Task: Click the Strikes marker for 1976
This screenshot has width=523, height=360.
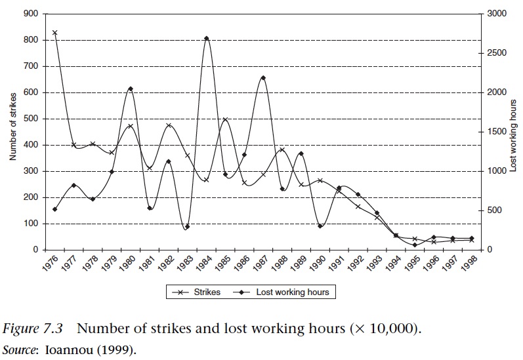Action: click(54, 32)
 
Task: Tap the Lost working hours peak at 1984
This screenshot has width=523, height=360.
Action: click(206, 39)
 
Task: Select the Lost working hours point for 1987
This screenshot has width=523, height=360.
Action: click(263, 78)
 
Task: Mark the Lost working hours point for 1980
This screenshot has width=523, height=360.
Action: click(130, 89)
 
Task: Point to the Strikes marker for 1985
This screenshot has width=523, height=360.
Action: click(225, 120)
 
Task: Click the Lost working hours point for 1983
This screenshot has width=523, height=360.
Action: click(187, 227)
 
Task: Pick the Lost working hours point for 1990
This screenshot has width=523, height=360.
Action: click(320, 226)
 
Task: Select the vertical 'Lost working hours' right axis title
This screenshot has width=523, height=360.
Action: click(513, 131)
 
